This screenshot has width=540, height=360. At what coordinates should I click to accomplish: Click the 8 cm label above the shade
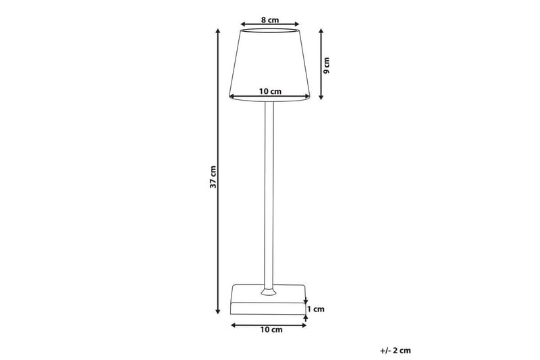270,20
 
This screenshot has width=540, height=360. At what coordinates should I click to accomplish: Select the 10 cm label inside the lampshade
270,90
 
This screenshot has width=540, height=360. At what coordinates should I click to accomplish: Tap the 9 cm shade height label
327,64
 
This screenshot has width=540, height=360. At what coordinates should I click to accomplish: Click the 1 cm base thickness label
316,309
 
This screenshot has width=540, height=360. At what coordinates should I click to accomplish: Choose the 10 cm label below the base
270,330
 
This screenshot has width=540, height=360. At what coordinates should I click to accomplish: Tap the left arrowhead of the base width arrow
233,325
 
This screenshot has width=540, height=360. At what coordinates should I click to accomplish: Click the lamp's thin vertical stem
269,196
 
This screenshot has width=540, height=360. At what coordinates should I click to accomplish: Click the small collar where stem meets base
269,292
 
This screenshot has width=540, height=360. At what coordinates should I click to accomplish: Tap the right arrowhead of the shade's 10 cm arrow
306,95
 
